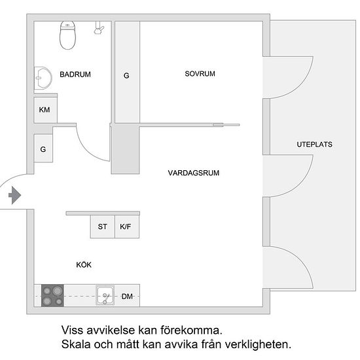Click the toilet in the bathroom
pyautogui.click(x=67, y=35)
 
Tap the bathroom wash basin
pyautogui.click(x=43, y=78)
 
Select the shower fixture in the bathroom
pyautogui.click(x=99, y=27)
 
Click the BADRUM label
pyautogui.click(x=75, y=75)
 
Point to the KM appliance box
pyautogui.click(x=45, y=110)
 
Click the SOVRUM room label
pyautogui.click(x=200, y=74)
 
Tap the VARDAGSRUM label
pyautogui.click(x=194, y=173)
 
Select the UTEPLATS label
pyautogui.click(x=315, y=145)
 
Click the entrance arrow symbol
pyautogui.click(x=15, y=195)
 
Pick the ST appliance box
pyautogui.click(x=102, y=226)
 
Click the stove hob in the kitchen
pyautogui.click(x=52, y=295)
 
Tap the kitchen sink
pyautogui.click(x=105, y=295)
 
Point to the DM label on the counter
pyautogui.click(x=127, y=297)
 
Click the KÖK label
pyautogui.click(x=84, y=264)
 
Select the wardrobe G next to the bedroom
pyautogui.click(x=127, y=72)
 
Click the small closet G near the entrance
pyautogui.click(x=43, y=149)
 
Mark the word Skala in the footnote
pyautogui.click(x=76, y=344)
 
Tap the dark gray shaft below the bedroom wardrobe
pyautogui.click(x=126, y=149)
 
